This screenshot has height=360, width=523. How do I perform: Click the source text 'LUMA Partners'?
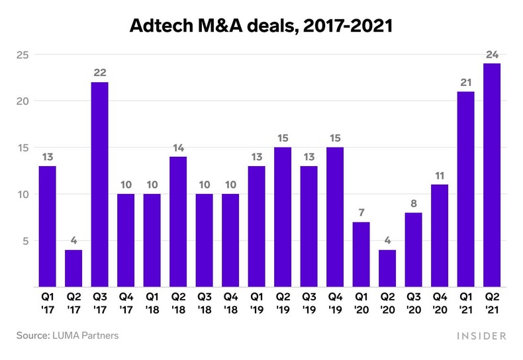pyautogui.click(x=85, y=336)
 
